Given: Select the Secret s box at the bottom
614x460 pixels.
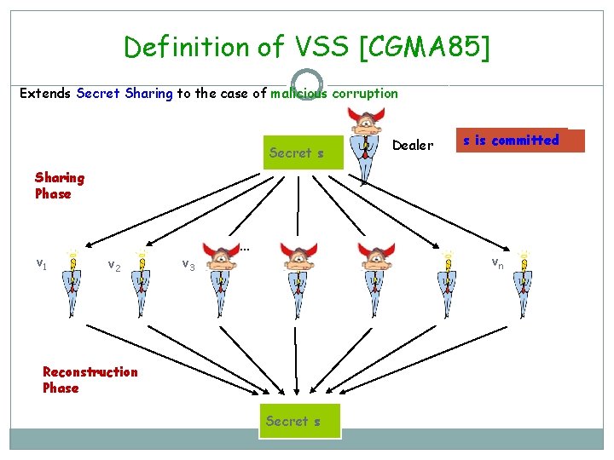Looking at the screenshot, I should click(x=302, y=421).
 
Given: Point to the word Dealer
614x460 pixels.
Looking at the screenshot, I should click(x=413, y=145).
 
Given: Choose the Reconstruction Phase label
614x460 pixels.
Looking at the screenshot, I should click(x=90, y=379).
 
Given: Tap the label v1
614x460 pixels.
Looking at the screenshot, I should click(x=41, y=264).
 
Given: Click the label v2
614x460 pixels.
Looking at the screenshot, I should click(x=114, y=267).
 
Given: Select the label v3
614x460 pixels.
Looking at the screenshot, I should click(x=189, y=266).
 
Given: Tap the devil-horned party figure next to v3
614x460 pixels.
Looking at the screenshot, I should click(x=221, y=267).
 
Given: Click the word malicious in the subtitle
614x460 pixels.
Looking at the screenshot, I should click(x=296, y=93).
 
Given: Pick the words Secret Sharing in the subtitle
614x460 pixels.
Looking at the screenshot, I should click(x=125, y=93).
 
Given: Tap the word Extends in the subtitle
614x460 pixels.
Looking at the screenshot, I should click(x=46, y=93).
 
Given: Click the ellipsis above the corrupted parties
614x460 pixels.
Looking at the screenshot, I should click(x=245, y=249).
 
